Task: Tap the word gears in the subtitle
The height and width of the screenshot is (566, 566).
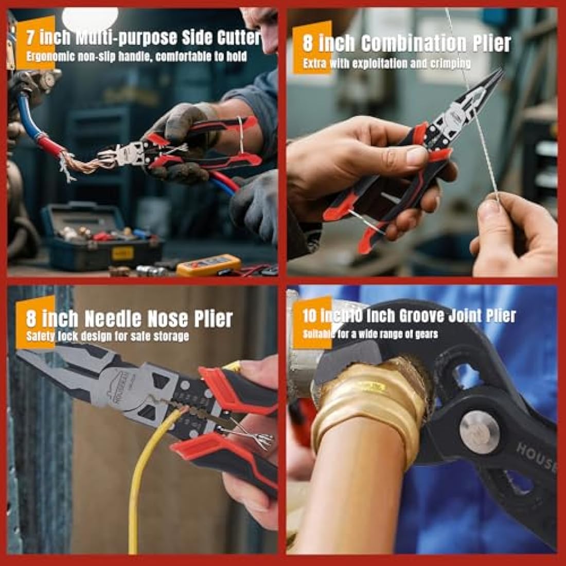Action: (427, 334)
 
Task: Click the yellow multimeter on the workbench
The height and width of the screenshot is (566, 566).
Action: (208, 266)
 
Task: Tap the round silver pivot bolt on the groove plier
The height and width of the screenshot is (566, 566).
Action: (479, 431)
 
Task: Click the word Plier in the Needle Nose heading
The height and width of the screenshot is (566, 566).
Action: (214, 319)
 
